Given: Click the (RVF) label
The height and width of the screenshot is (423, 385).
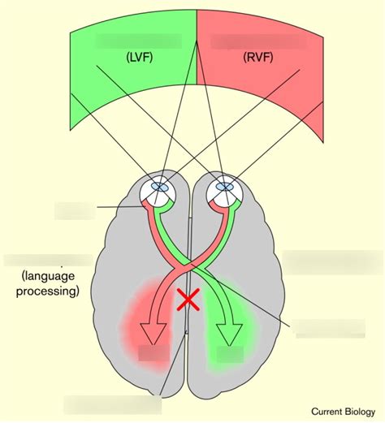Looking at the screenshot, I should point(259,58).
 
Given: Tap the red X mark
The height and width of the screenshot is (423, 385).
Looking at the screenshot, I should point(189,300).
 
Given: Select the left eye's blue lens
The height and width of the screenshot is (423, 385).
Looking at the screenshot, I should point(161,185).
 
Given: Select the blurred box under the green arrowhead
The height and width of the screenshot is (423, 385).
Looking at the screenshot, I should point(230,354).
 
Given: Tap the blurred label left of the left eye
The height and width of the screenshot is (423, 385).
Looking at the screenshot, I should point(75,211).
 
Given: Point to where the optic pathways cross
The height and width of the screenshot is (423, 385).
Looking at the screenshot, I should point(191,265).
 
